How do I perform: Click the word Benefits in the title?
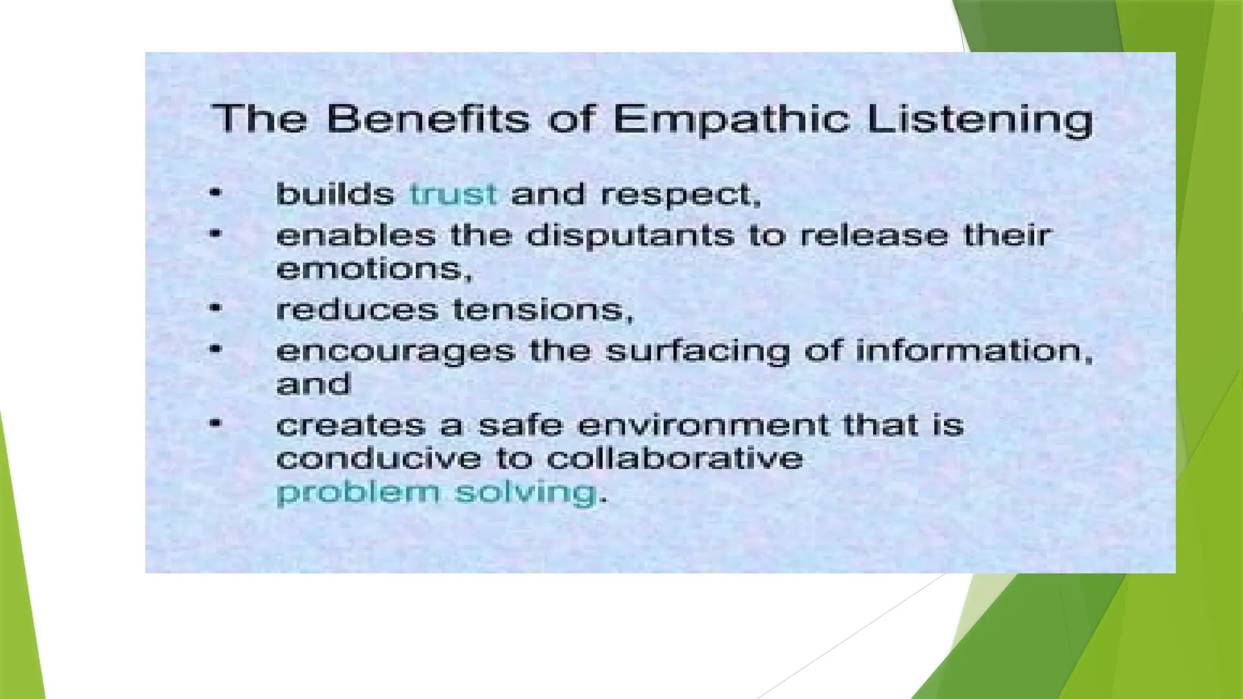(x=428, y=119)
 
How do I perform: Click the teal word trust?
(x=453, y=195)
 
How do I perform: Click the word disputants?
(x=630, y=235)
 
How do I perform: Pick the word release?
(x=874, y=235)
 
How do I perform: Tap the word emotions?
(x=373, y=269)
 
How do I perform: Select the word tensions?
(x=543, y=310)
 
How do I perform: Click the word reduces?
(x=356, y=310)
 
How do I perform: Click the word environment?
(x=703, y=425)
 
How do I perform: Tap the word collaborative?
(x=675, y=458)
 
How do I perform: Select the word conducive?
(x=378, y=458)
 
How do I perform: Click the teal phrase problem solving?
(x=436, y=492)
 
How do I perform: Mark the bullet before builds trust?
(x=215, y=194)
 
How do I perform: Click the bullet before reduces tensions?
(x=215, y=308)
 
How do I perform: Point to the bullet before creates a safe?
(x=215, y=424)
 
